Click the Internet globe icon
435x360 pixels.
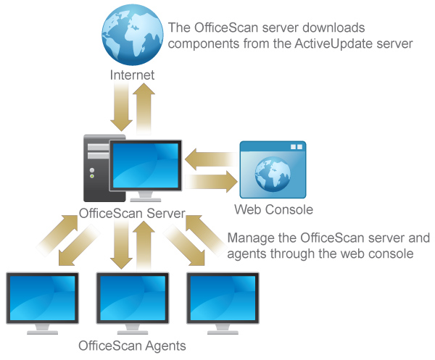coord(132,35)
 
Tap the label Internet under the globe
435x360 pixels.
coord(132,75)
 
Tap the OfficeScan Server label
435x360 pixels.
coord(131,214)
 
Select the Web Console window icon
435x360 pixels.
coord(273,170)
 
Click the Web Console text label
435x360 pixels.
coord(273,210)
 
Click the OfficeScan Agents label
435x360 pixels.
coord(131,345)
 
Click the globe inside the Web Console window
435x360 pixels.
coord(273,177)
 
